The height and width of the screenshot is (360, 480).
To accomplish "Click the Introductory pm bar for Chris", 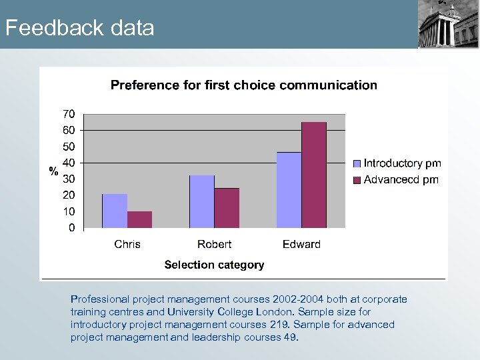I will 115,211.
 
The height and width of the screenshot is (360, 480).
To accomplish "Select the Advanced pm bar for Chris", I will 139,219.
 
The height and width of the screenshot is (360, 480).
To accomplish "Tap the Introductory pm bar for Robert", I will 202,201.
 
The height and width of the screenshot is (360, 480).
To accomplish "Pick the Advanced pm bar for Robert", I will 227,208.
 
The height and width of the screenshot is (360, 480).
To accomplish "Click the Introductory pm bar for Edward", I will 289,190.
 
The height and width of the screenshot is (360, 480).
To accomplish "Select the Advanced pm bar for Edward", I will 314,175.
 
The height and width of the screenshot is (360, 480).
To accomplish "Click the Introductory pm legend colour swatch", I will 357,163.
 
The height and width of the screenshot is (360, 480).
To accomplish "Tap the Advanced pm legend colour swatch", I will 357,179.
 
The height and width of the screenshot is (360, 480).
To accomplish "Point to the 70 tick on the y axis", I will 69,113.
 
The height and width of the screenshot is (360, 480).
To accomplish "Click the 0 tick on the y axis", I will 71,228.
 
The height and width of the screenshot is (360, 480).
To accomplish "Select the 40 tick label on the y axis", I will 69,163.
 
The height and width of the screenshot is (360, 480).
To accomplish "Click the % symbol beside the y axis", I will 53,171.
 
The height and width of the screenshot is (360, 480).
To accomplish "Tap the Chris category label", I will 127,244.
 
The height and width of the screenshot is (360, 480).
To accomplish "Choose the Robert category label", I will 215,244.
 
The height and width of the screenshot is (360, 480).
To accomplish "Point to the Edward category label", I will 301,244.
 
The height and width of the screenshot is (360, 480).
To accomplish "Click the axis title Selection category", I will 214,265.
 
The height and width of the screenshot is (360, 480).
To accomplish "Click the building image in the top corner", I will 448,24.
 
